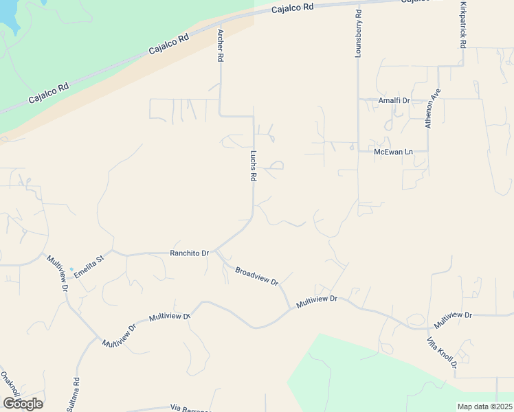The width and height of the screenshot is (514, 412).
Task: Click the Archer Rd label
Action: [x=221, y=46]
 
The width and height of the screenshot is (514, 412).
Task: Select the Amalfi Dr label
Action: [x=394, y=100]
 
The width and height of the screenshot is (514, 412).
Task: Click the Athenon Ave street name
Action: [x=432, y=108]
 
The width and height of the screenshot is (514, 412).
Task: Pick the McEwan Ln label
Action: [x=393, y=151]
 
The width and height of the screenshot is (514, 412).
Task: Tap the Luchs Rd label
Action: [x=253, y=165]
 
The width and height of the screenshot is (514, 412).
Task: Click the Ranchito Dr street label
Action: [x=189, y=253]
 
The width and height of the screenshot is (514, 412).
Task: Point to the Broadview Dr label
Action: [x=256, y=276]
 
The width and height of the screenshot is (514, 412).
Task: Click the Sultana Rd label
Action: [x=74, y=394]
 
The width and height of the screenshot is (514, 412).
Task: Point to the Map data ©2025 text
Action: [x=484, y=407]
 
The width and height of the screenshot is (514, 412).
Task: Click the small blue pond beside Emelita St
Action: [x=71, y=269]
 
